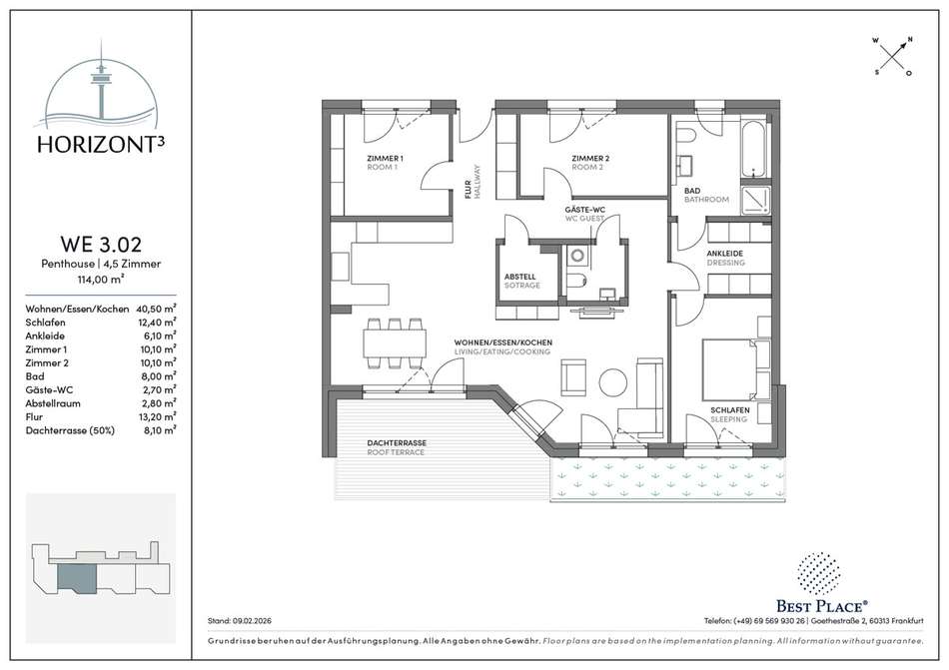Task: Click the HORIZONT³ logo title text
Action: point(101,144)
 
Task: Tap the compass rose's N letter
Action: point(910,40)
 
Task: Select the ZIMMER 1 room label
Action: point(385,163)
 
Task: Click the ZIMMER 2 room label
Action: point(590,163)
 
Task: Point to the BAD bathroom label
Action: point(706,195)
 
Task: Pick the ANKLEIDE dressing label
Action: point(725,259)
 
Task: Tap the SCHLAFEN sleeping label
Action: point(730,414)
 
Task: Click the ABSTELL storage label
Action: point(521,282)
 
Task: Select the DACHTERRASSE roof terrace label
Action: point(397,447)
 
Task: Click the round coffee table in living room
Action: point(612,381)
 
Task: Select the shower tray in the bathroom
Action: point(755,198)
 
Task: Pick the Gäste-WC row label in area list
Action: point(49,390)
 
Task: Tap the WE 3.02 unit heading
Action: point(101,244)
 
